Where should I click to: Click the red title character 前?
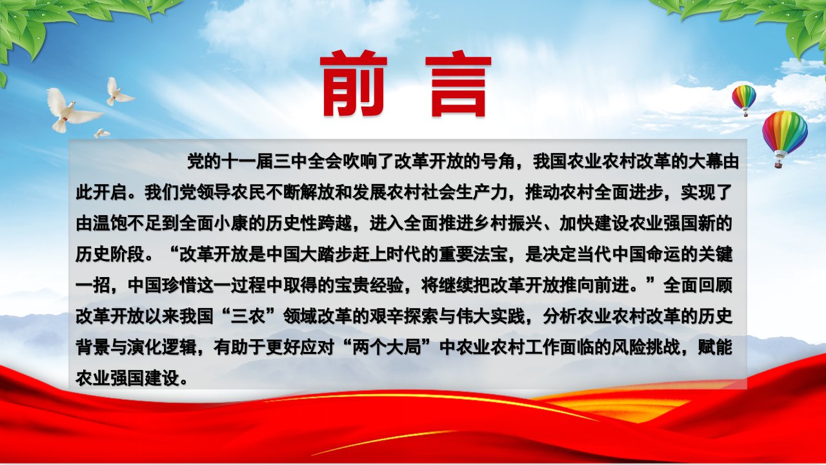click(353, 83)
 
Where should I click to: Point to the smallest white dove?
click(101, 133)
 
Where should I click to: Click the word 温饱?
click(110, 224)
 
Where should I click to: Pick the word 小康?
click(230, 224)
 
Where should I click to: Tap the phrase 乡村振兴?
click(507, 224)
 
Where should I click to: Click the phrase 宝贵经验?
click(369, 286)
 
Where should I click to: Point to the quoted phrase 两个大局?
click(387, 348)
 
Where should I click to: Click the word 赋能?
click(715, 348)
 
